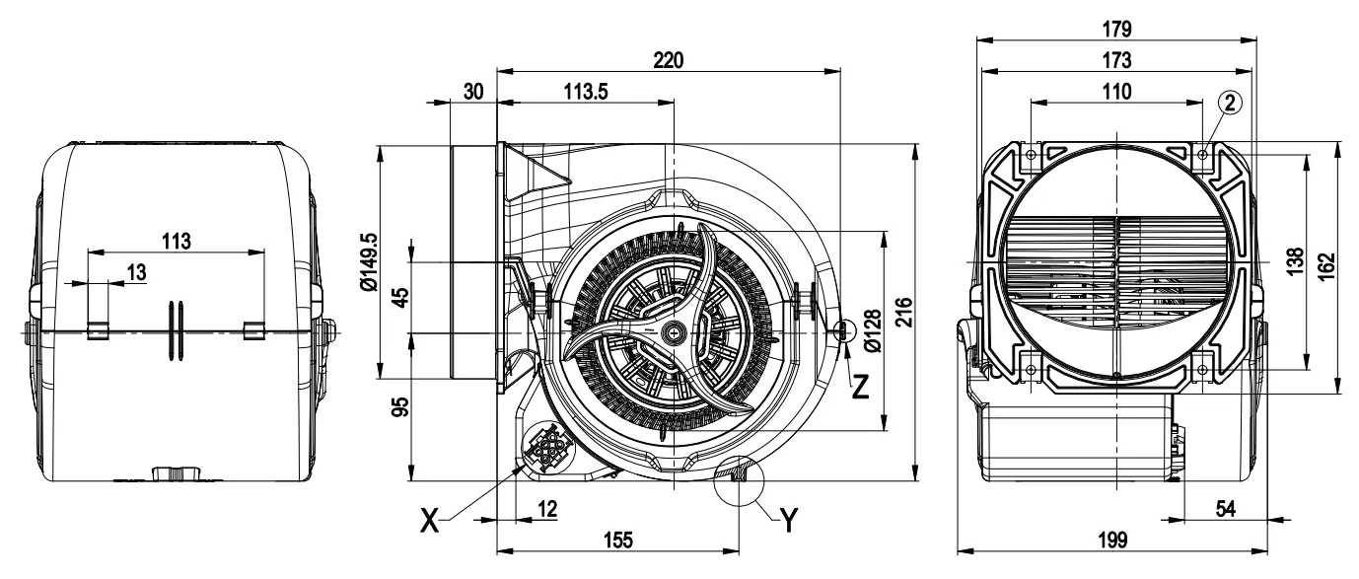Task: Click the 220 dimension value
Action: pos(669,60)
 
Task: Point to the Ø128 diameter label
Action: pos(870,330)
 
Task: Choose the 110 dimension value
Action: pos(1116,91)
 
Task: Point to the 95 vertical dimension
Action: pos(400,406)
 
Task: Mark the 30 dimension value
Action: pos(473,91)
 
